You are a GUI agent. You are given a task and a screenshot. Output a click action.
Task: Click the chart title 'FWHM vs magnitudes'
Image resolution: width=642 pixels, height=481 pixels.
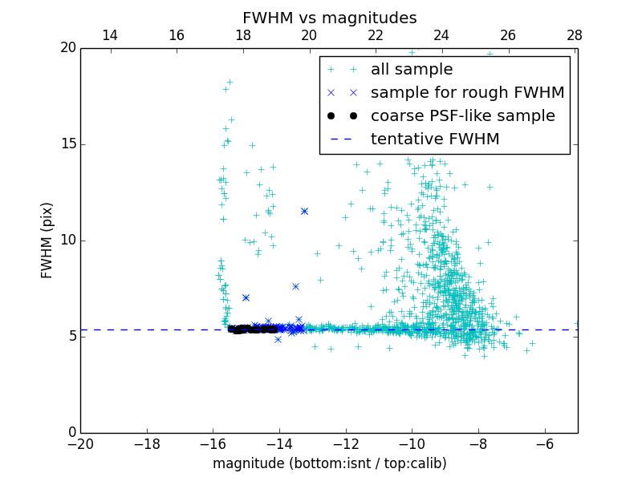click(329, 18)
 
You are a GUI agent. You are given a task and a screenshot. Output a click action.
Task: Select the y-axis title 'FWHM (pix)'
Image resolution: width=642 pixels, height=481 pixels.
click(47, 240)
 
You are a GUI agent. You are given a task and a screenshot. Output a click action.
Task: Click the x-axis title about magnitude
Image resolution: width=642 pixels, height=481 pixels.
click(329, 463)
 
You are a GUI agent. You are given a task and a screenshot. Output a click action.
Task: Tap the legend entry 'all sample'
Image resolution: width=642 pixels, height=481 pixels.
click(412, 70)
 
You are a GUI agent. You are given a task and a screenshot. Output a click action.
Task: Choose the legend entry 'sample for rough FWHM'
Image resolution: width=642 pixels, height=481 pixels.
click(467, 93)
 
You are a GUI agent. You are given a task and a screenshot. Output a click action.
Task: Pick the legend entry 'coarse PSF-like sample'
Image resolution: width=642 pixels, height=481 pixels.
click(462, 116)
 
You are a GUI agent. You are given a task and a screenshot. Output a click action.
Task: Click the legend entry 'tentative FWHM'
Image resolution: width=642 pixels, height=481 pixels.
click(435, 139)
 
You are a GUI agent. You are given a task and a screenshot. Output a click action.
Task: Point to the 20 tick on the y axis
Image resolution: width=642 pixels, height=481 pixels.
click(67, 48)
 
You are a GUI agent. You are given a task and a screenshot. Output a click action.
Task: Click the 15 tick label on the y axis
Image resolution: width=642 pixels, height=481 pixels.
click(67, 144)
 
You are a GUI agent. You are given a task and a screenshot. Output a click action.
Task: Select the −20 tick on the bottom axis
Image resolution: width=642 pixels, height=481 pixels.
click(80, 444)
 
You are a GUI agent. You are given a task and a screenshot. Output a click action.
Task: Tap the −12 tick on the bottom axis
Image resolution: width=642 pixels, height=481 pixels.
click(346, 444)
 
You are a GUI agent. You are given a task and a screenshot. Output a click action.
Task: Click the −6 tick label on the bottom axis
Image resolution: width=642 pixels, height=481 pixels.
click(545, 444)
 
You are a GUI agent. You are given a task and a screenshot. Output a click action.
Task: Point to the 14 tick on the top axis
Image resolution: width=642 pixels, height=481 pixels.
click(110, 35)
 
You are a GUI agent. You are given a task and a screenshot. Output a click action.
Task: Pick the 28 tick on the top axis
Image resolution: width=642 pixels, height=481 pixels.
click(575, 35)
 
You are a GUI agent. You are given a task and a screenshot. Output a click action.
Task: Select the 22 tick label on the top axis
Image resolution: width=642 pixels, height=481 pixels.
click(376, 35)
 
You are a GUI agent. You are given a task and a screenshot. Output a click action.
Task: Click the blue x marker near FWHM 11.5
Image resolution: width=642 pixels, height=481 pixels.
click(304, 211)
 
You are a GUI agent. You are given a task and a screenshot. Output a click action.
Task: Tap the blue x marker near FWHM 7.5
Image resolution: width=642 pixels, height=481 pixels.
click(295, 286)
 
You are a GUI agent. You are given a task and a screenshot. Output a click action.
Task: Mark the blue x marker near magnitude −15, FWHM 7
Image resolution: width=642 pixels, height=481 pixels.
click(246, 297)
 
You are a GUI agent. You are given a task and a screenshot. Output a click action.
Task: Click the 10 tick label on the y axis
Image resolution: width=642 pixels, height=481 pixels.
click(67, 240)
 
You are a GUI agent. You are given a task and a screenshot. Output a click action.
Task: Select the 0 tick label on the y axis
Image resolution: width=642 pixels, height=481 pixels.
click(71, 433)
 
